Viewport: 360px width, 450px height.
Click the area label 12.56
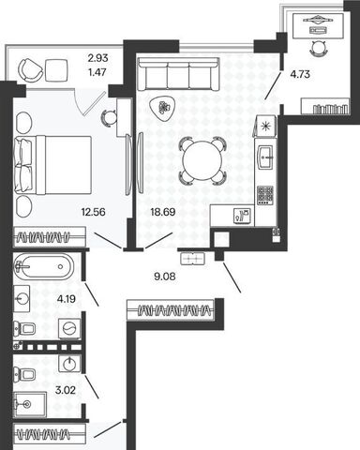pyautogui.click(x=93, y=212)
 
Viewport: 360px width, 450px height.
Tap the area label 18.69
pyautogui.click(x=163, y=212)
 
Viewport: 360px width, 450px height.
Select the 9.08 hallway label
pyautogui.click(x=165, y=277)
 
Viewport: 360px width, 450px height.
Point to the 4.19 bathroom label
pyautogui.click(x=67, y=299)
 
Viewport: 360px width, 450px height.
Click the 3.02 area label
pyautogui.click(x=66, y=390)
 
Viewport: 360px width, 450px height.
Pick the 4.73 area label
pyautogui.click(x=300, y=74)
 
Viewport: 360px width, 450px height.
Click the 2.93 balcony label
pyautogui.click(x=97, y=58)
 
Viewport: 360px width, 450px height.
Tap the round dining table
pyautogui.click(x=202, y=160)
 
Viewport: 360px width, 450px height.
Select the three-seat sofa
pyautogui.click(x=178, y=74)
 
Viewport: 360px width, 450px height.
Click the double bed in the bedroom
pyautogui.click(x=53, y=165)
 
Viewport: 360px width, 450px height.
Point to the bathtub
pyautogui.click(x=44, y=266)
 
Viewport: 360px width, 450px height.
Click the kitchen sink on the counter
pyautogui.click(x=265, y=157)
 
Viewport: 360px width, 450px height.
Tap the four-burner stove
pyautogui.click(x=265, y=195)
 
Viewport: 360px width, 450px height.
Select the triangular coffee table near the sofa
pyautogui.click(x=163, y=108)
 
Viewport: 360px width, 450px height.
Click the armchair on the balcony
pyautogui.click(x=30, y=70)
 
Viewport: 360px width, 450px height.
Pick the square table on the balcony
pyautogui.click(x=56, y=70)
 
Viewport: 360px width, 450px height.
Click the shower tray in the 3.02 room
pyautogui.click(x=30, y=405)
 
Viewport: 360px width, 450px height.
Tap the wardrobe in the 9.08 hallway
pyautogui.click(x=171, y=310)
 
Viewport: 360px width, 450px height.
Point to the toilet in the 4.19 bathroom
pyautogui.click(x=24, y=328)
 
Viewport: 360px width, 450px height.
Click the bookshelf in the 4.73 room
pyautogui.click(x=325, y=107)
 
